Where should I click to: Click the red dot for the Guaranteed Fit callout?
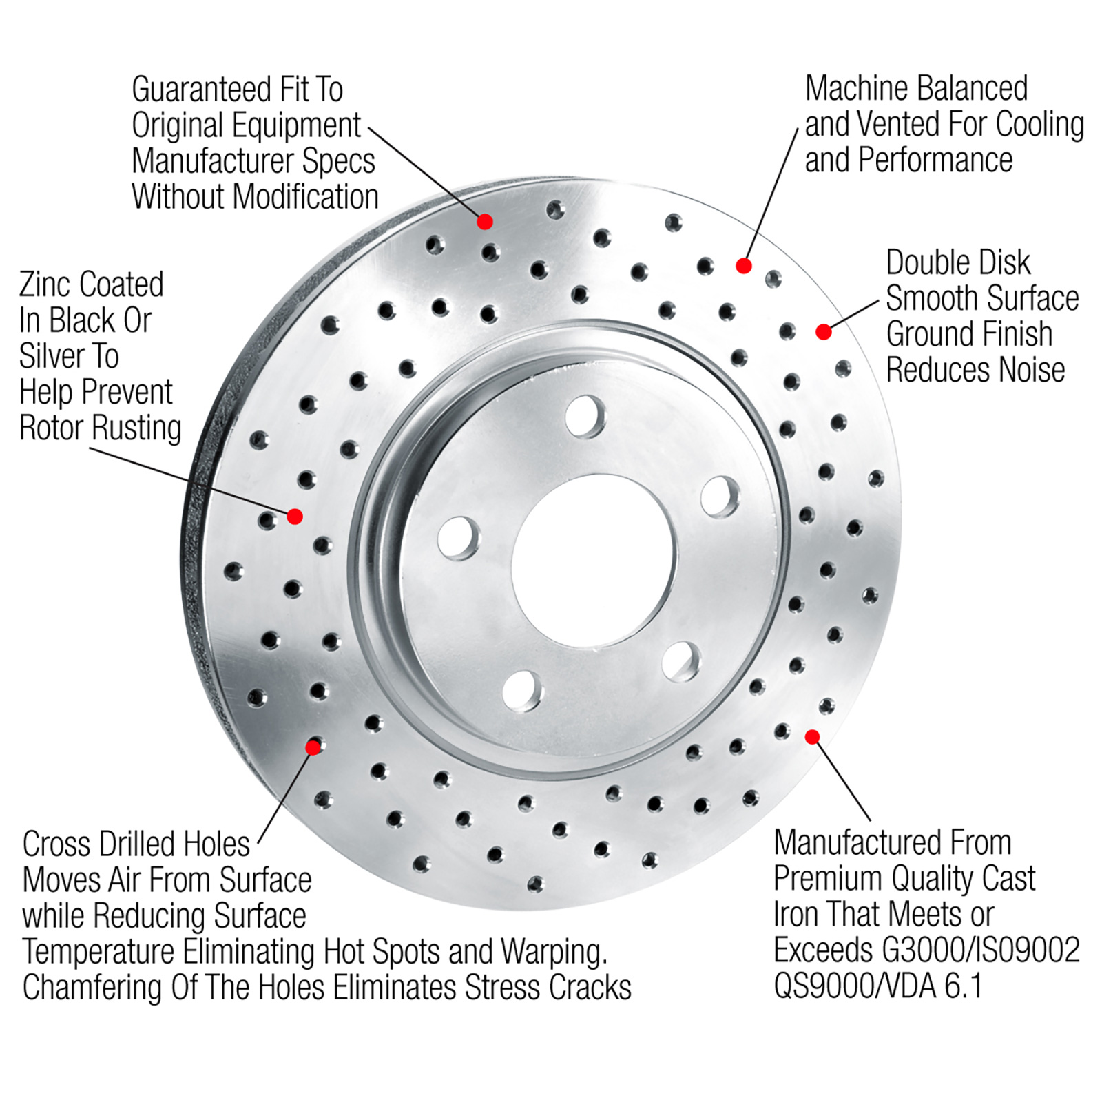tap(485, 221)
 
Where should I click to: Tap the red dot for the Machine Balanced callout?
tap(743, 266)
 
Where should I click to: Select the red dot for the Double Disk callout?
tap(824, 332)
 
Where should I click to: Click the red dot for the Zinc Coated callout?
tap(295, 516)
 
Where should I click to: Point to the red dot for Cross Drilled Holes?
tap(313, 747)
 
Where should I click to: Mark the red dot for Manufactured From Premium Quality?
tap(813, 737)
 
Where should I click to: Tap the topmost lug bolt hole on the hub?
tap(585, 416)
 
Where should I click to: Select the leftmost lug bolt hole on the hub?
tap(459, 537)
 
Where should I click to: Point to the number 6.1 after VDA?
tap(962, 986)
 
